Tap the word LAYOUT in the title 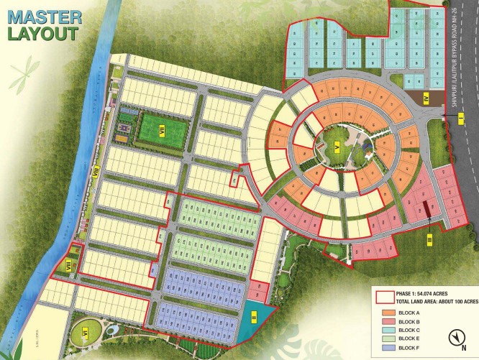coord(44,33)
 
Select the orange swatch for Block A coord(386,313)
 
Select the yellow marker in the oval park coord(83,334)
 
